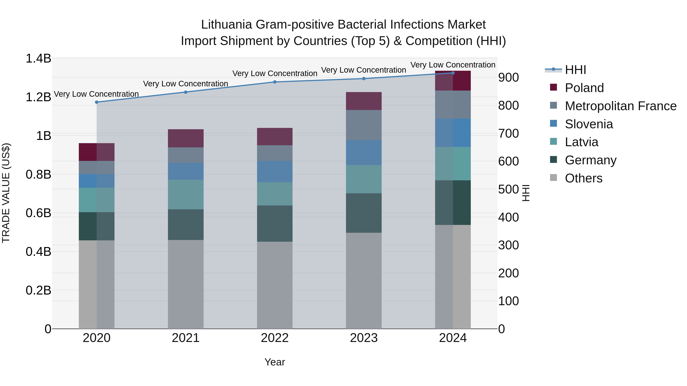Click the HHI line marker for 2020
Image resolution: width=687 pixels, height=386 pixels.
click(x=97, y=102)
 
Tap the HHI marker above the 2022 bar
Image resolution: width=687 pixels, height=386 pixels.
click(x=275, y=82)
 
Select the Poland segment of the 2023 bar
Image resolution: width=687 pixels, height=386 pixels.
click(x=364, y=101)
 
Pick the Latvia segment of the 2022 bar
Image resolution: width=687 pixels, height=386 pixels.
click(x=275, y=194)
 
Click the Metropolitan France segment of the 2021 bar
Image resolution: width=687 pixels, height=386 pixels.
click(x=186, y=155)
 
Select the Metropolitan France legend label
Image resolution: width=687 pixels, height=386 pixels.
click(x=620, y=106)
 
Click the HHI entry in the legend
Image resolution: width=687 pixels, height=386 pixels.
click(x=575, y=70)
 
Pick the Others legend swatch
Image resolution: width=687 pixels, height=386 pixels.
click(x=553, y=178)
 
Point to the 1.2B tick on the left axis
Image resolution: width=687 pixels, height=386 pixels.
click(x=38, y=97)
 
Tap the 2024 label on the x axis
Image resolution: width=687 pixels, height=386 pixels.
click(x=453, y=338)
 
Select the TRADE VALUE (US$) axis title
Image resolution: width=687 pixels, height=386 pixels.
click(x=6, y=193)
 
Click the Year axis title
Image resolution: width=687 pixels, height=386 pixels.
click(x=275, y=362)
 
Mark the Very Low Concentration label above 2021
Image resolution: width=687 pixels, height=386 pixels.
click(x=186, y=84)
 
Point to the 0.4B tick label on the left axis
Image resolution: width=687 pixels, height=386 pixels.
click(x=38, y=251)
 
